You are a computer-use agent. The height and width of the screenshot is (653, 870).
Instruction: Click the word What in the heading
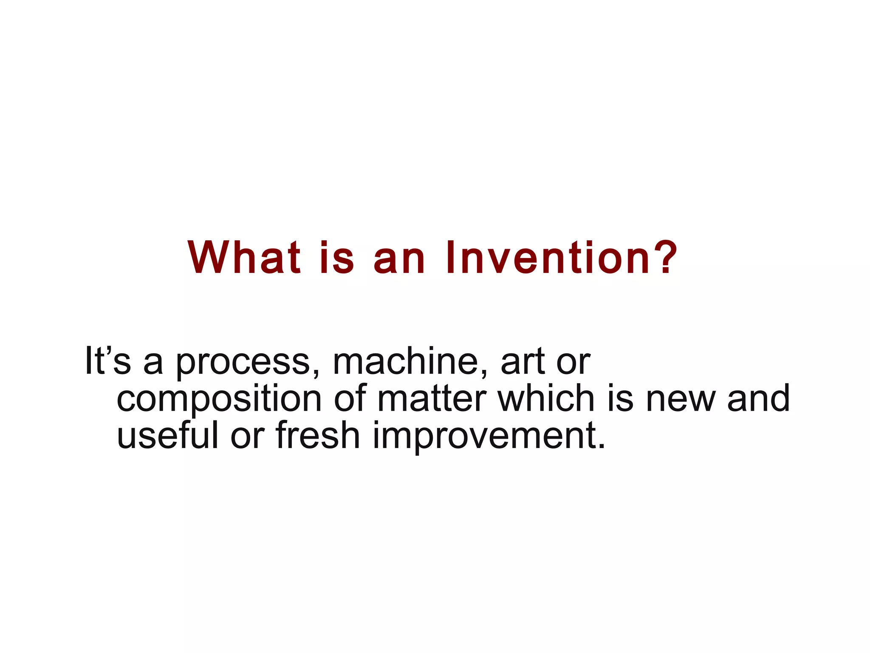click(244, 258)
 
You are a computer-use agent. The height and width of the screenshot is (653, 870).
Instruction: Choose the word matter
click(432, 399)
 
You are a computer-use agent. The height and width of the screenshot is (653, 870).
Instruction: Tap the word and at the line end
click(758, 398)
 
